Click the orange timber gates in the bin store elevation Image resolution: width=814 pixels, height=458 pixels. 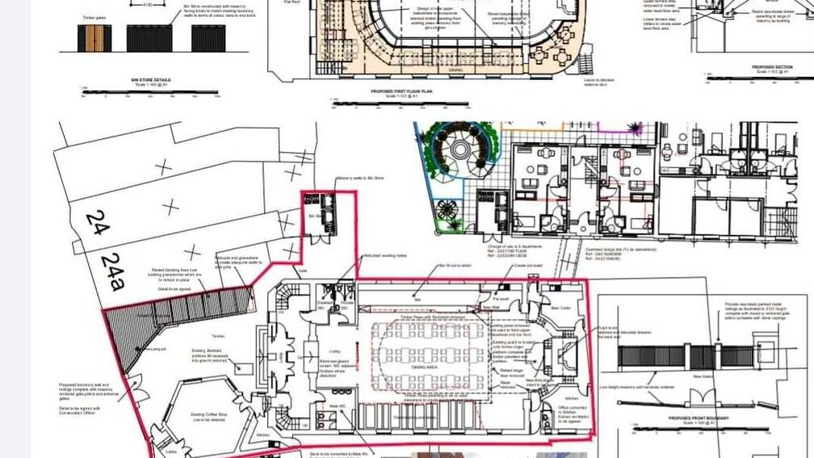[94, 37]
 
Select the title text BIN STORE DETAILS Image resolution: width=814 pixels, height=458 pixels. [151, 80]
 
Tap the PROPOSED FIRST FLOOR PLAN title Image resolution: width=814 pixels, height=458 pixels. [402, 92]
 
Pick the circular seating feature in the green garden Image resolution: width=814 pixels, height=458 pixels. [459, 149]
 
